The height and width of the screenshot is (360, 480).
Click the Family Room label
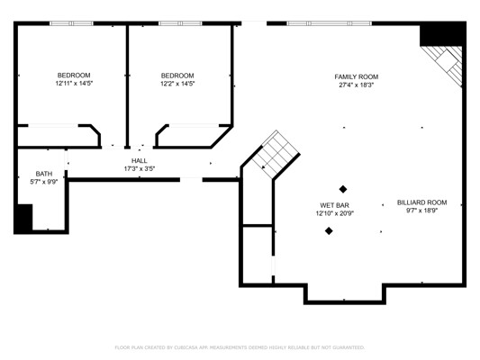click(x=356, y=76)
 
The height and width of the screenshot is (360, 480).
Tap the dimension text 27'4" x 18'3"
click(x=356, y=85)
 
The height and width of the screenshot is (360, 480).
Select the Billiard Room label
click(x=421, y=202)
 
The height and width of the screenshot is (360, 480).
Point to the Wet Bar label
click(x=335, y=205)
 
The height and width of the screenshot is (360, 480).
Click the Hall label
click(x=140, y=160)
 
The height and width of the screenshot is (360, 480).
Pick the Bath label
click(x=44, y=174)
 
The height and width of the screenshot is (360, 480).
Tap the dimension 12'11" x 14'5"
click(x=74, y=83)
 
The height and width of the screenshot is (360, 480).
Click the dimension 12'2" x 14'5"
click(x=177, y=84)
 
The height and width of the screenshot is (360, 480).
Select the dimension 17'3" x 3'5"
click(x=140, y=168)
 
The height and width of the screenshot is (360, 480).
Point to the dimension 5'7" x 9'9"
click(x=44, y=182)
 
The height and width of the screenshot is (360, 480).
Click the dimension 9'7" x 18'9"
click(x=421, y=211)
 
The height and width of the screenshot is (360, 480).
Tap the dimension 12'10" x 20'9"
click(x=335, y=213)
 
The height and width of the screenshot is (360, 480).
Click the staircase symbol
click(x=276, y=155)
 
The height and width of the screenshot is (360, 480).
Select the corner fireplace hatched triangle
click(x=447, y=63)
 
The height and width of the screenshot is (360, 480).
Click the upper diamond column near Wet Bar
click(x=343, y=189)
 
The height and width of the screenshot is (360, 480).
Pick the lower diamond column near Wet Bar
click(x=329, y=231)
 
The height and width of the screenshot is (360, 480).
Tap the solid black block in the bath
click(x=23, y=218)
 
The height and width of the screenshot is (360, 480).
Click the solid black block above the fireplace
click(x=443, y=34)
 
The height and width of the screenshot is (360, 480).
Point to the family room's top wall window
click(x=329, y=23)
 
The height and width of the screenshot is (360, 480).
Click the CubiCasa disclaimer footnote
click(x=240, y=347)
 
